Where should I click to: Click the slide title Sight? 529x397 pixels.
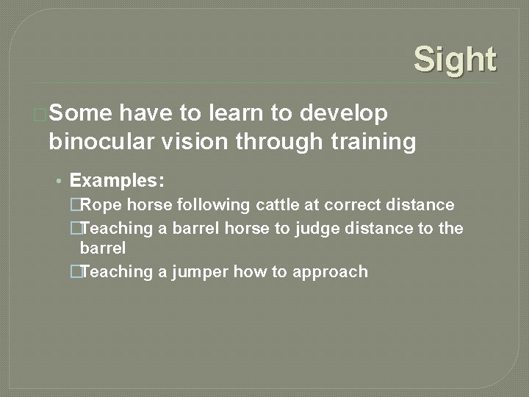coord(455,60)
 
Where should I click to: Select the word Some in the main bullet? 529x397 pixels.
coord(80,113)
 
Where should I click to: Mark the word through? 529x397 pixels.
coord(278,142)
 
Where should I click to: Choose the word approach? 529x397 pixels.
coord(331,273)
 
